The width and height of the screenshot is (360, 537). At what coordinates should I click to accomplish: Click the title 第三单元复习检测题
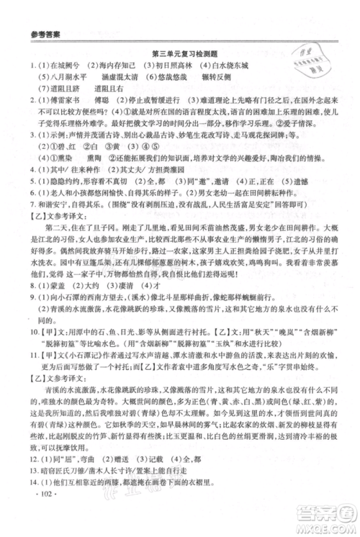pyautogui.click(x=180, y=53)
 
